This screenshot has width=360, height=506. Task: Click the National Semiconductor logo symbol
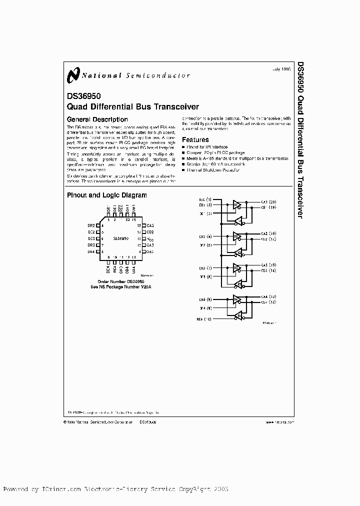[x=73, y=75]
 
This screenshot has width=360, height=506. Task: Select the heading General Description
[x=97, y=119]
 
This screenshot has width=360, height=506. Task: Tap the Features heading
[x=195, y=140]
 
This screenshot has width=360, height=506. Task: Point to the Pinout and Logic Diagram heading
[x=106, y=195]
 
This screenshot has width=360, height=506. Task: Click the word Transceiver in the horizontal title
[x=176, y=106]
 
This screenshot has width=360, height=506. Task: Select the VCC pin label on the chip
[x=149, y=239]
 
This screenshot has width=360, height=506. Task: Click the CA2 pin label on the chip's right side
[x=150, y=226]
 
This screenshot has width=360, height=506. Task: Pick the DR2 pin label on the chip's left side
[x=91, y=226]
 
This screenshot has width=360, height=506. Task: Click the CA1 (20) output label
[x=268, y=201]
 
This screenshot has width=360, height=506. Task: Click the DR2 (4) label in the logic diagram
[x=205, y=236]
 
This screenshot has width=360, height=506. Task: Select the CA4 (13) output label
[x=268, y=297]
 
